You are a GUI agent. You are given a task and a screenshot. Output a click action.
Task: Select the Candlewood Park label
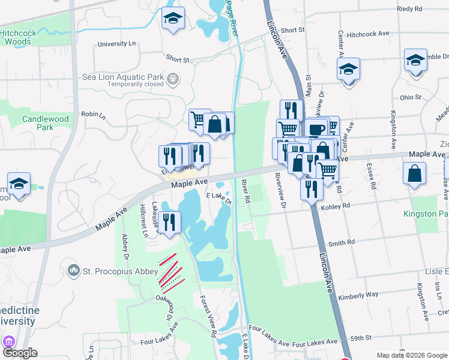point(46,123)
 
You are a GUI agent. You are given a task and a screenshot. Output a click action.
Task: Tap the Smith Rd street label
point(342,242)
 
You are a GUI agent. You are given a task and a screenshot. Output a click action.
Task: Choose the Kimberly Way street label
point(358,295)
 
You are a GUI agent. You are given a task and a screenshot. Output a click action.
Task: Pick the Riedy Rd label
point(410,9)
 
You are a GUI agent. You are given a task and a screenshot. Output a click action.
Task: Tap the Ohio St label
point(411,97)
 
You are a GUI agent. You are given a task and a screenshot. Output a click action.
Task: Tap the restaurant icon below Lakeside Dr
point(170,221)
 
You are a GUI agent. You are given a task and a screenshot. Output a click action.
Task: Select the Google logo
point(20,353)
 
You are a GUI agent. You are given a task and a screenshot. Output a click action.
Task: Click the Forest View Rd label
point(208,315)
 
